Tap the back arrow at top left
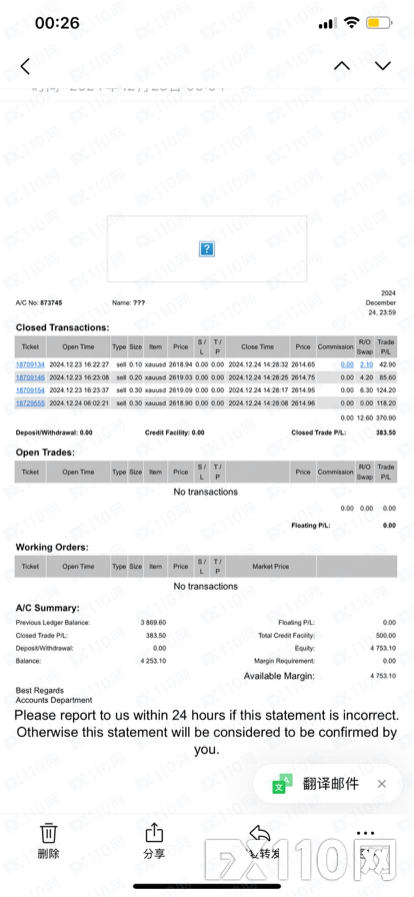coord(25,66)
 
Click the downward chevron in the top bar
coord(383,66)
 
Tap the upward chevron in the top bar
coord(342,66)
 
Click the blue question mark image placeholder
coord(207,249)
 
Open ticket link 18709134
coord(30,365)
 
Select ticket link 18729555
coord(30,403)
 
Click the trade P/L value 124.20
coord(386,390)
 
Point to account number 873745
coord(51,303)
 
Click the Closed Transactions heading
coord(62,328)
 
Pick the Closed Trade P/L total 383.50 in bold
coord(385,433)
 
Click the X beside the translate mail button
coord(382,784)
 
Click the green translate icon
coord(282,784)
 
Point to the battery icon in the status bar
coord(379,23)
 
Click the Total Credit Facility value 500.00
coord(385,635)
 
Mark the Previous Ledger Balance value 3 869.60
coord(153,622)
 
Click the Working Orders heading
coord(52,547)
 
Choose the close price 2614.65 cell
coord(303,365)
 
